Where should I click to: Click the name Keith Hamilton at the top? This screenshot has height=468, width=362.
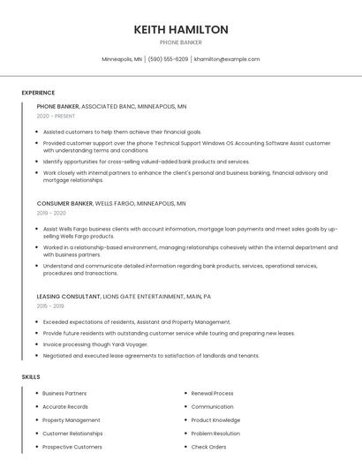181,29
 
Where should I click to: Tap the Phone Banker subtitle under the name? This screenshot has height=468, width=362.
181,42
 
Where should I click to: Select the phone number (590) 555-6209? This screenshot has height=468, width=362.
168,59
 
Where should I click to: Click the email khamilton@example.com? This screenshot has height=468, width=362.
227,59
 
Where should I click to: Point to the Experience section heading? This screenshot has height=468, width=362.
38,93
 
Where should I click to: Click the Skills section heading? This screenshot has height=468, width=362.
31,377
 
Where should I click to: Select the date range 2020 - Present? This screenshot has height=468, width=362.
57,117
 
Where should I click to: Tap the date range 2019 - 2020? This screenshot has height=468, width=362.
51,213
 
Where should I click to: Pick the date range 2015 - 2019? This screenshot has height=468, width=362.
51,306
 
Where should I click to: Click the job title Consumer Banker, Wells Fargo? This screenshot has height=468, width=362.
111,203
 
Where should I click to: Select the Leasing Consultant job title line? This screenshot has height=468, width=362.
124,297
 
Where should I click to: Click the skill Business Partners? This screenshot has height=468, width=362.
64,393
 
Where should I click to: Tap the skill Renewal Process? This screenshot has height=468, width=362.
212,393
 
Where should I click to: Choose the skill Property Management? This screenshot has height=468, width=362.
72,420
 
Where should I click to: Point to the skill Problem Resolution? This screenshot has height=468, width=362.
215,434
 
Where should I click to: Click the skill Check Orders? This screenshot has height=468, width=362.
208,447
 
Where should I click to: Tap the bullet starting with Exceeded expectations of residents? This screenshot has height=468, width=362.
137,322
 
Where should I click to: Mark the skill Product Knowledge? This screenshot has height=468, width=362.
215,420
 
